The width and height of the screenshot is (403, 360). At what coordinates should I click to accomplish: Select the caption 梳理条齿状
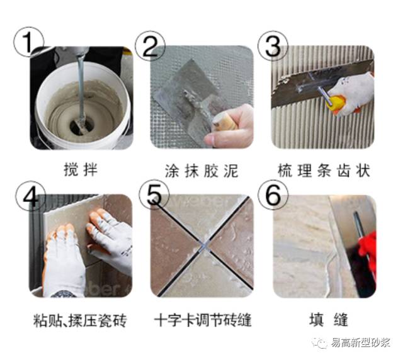tap(324, 170)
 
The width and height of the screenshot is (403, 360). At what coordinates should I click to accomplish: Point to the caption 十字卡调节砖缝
tap(202, 321)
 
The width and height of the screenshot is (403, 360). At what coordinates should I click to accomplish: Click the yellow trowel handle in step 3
tap(339, 104)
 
